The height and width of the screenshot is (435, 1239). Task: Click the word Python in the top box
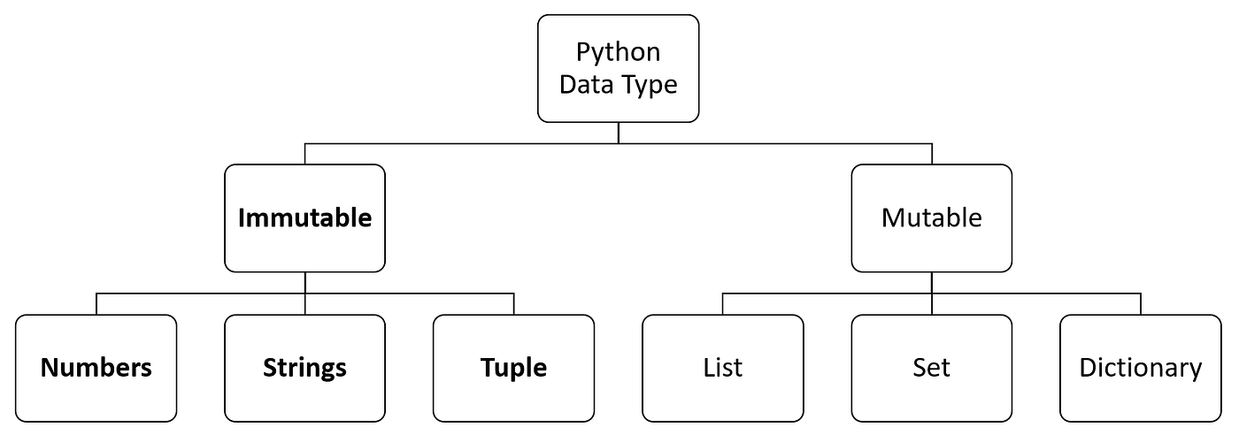click(x=618, y=52)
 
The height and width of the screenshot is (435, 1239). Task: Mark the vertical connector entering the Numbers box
click(x=96, y=303)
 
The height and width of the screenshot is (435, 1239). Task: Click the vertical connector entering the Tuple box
click(x=513, y=303)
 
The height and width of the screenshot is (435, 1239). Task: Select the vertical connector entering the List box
click(x=722, y=303)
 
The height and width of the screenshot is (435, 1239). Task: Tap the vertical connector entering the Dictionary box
click(x=1140, y=303)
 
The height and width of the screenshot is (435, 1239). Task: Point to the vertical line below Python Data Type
click(x=618, y=132)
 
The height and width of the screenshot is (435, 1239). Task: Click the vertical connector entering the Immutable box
click(x=304, y=153)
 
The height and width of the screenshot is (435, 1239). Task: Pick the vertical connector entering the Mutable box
click(x=931, y=153)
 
